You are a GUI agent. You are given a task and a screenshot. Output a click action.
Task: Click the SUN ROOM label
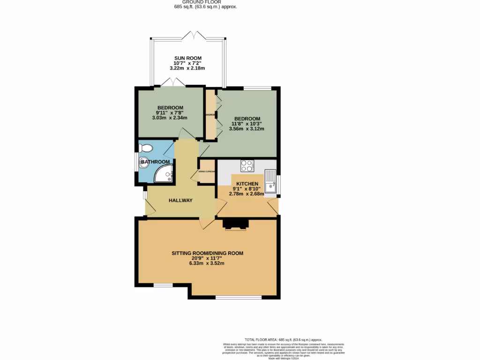click(x=187, y=58)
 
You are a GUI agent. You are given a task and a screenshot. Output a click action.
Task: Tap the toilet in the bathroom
click(x=146, y=148)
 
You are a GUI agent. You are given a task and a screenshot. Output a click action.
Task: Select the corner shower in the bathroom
click(x=165, y=173)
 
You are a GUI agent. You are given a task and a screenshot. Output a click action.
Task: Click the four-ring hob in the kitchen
click(x=247, y=166)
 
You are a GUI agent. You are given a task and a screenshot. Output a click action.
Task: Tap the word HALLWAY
click(x=180, y=201)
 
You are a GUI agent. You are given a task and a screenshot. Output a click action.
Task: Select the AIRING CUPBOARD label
click(x=207, y=172)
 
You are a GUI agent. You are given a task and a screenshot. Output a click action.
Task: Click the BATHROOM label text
click(x=156, y=162)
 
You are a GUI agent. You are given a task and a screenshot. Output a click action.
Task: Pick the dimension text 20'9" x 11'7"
click(x=207, y=258)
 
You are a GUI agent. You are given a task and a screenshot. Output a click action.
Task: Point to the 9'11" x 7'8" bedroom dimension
click(x=170, y=112)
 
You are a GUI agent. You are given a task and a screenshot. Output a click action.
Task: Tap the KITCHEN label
click(x=247, y=184)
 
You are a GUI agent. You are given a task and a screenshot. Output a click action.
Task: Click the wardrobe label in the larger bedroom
click(x=210, y=115)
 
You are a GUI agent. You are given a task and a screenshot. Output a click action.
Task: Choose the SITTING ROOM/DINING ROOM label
click(x=207, y=253)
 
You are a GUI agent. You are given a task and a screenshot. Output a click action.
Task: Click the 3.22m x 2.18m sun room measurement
click(x=187, y=68)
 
